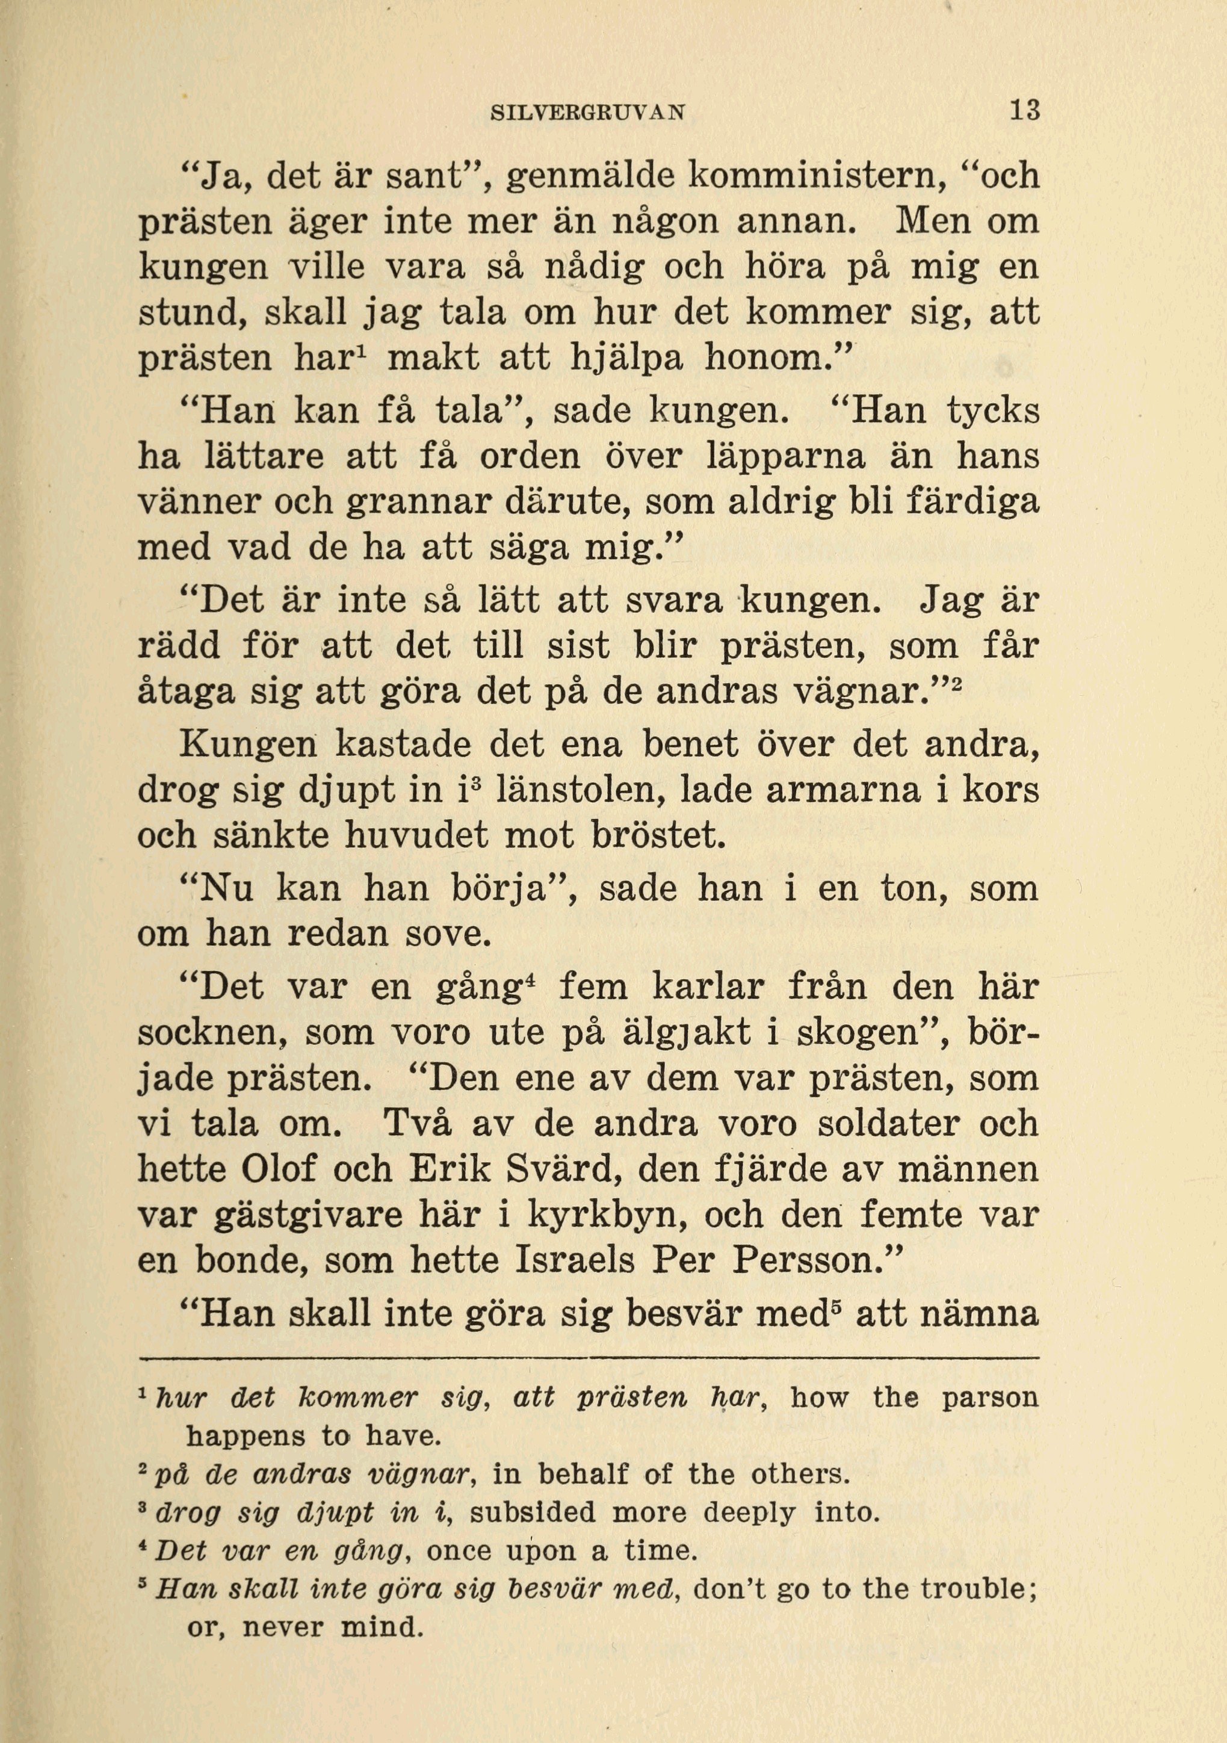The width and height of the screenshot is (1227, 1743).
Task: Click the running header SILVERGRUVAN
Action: [588, 113]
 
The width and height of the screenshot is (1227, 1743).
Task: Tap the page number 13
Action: [1024, 111]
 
